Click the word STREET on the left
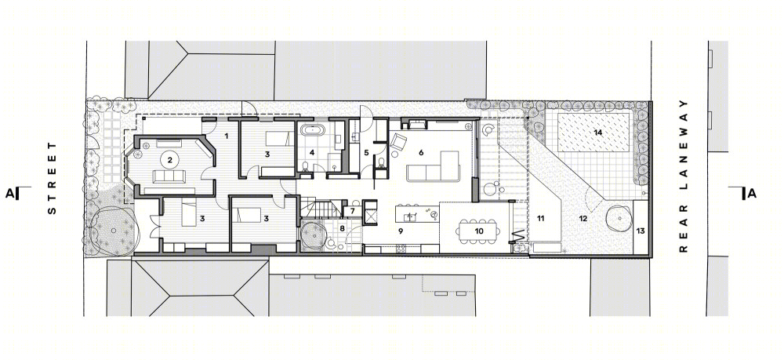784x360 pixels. point(52,179)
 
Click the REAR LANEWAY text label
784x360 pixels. point(684,176)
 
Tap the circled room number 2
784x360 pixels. point(170,160)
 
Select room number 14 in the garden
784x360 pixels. point(597,133)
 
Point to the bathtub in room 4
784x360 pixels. point(313,131)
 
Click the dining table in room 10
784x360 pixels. point(479,231)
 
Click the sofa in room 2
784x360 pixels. point(169,176)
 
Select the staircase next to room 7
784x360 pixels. point(320,207)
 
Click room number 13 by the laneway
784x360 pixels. point(641,231)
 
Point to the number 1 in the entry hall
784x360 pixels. point(226,136)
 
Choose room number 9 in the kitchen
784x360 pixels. point(401,231)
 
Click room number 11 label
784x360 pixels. point(540,218)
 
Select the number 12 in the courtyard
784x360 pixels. point(583,218)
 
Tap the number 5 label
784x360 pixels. point(366,152)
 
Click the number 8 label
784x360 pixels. point(342,228)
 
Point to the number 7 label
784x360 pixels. point(352,211)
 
